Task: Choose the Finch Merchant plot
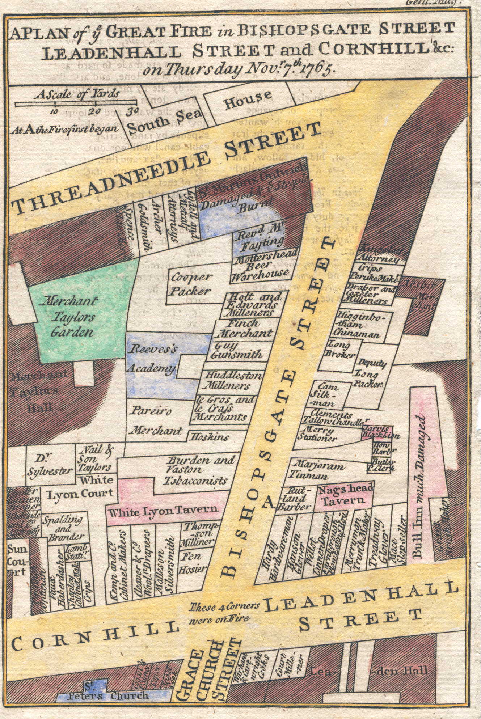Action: point(246,328)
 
